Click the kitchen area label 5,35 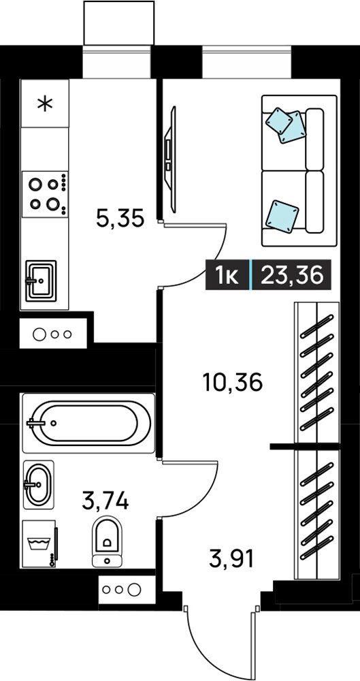tap(120, 219)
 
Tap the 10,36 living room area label tap(233, 383)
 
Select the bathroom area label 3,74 tap(105, 502)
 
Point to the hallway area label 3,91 tap(231, 558)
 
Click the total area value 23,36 tap(292, 275)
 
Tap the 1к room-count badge tap(227, 275)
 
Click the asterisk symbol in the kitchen tap(45, 104)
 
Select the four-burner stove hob tap(45, 193)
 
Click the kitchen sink tap(41, 281)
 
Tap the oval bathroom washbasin tap(39, 484)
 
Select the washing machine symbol tap(39, 543)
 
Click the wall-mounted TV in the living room tap(171, 159)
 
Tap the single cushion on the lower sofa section tap(282, 214)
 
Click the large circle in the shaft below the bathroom tap(135, 589)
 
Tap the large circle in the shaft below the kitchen tap(39, 334)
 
